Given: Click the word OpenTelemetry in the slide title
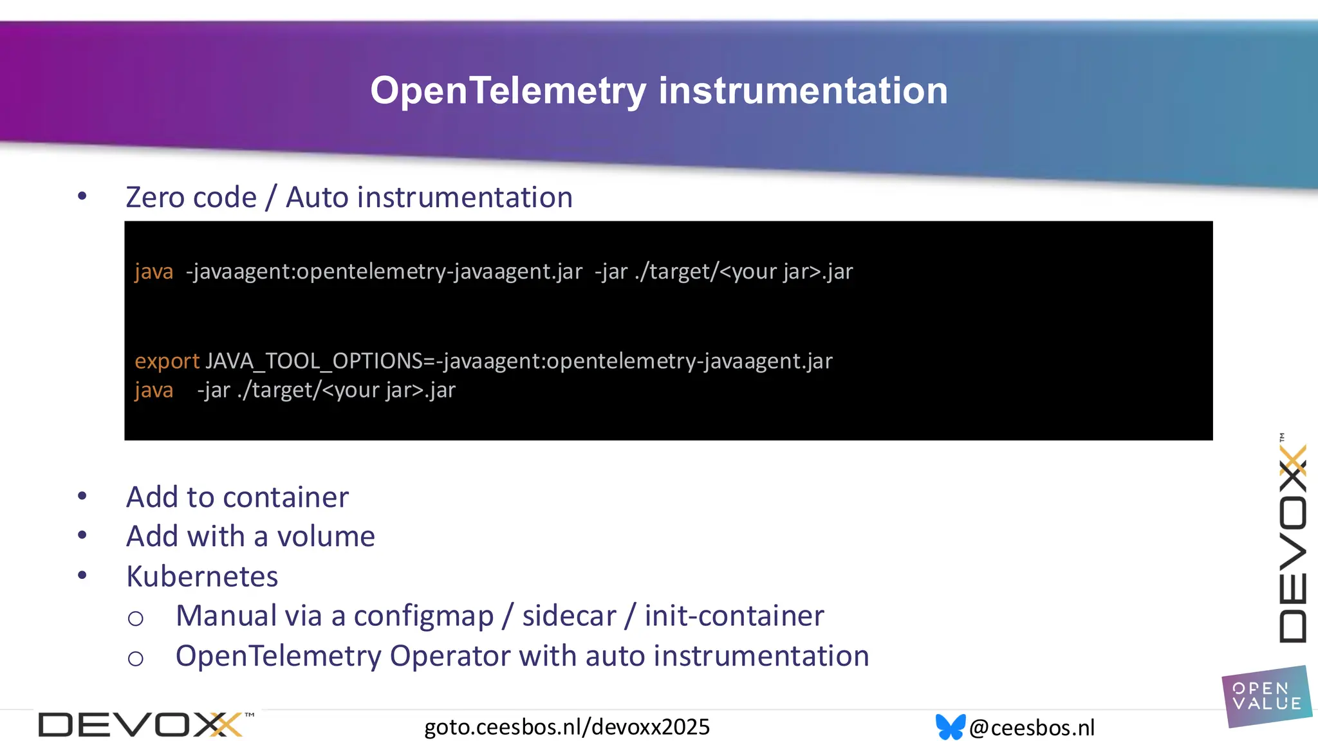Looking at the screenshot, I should pyautogui.click(x=508, y=91).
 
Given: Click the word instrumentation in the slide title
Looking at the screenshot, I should pyautogui.click(x=803, y=91).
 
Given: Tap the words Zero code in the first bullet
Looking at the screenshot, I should pyautogui.click(x=191, y=197).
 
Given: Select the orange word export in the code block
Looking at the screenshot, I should pyautogui.click(x=167, y=361).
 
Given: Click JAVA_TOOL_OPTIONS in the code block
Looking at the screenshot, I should pyautogui.click(x=314, y=361).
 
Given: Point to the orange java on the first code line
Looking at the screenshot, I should pyautogui.click(x=154, y=271).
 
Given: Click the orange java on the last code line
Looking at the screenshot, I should pyautogui.click(x=154, y=390).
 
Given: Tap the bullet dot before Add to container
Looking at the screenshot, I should pyautogui.click(x=82, y=496).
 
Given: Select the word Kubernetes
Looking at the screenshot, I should pyautogui.click(x=202, y=576).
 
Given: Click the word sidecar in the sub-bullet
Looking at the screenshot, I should pyautogui.click(x=569, y=616).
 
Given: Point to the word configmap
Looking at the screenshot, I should pyautogui.click(x=423, y=616).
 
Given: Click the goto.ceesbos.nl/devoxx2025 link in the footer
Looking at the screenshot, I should pyautogui.click(x=566, y=727).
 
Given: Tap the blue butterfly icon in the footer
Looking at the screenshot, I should pyautogui.click(x=950, y=727).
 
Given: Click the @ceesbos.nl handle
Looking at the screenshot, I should pyautogui.click(x=1031, y=727).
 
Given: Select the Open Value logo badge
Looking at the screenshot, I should pyautogui.click(x=1266, y=697).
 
